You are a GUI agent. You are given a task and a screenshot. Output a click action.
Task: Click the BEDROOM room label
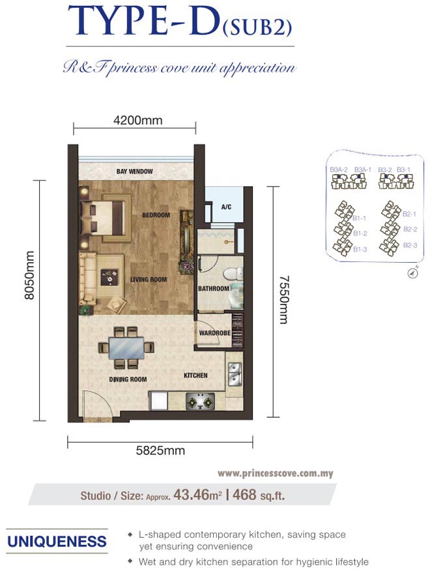click(156, 215)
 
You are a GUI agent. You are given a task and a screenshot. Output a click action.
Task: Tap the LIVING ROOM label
click(149, 280)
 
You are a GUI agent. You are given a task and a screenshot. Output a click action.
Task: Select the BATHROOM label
click(214, 289)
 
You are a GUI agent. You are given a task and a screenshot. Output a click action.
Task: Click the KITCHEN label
click(195, 375)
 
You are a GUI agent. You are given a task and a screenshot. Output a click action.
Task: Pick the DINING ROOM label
click(128, 379)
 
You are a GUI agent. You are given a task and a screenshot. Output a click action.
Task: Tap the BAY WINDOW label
click(134, 171)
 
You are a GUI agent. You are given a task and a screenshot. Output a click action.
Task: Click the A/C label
click(227, 207)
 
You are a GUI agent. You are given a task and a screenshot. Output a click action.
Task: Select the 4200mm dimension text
click(137, 120)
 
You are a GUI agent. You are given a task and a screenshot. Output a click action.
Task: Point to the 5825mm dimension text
click(160, 450)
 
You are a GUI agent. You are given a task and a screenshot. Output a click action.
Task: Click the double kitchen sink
click(235, 375)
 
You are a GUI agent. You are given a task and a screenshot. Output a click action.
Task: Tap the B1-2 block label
click(360, 233)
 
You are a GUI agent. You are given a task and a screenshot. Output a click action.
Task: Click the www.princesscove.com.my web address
click(275, 473)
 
